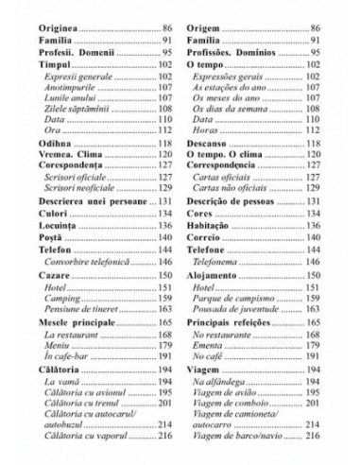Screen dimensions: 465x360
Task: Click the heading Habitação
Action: [x=214, y=228]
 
